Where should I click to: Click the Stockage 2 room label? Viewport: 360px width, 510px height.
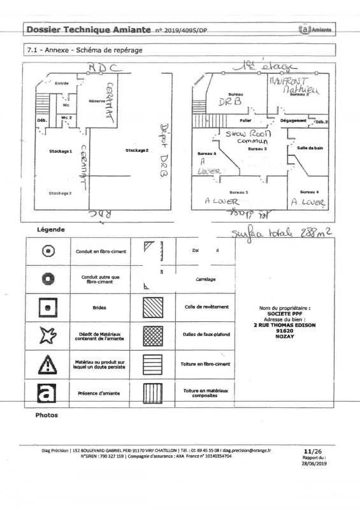click(x=136, y=150)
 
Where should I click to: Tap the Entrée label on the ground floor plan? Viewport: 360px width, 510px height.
click(x=62, y=84)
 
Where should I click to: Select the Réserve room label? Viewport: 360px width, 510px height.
click(x=97, y=101)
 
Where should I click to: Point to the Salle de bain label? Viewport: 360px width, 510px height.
click(x=310, y=147)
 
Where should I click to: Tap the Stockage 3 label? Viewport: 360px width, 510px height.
click(x=61, y=193)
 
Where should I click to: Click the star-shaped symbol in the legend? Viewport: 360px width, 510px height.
click(x=48, y=335)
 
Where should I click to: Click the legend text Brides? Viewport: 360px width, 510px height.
click(x=99, y=307)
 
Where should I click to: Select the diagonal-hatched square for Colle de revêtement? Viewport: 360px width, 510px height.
click(x=152, y=307)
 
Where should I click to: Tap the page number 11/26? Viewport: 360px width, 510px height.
click(x=313, y=449)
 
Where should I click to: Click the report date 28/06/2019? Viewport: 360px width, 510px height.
click(x=313, y=463)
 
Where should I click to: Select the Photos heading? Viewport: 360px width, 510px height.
click(x=42, y=415)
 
